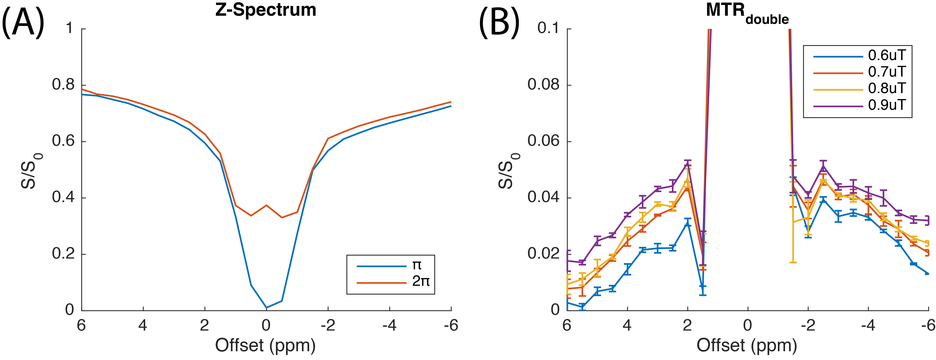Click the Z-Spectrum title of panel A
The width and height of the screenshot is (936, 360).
click(x=266, y=10)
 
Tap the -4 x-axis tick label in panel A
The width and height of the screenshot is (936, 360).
click(x=389, y=325)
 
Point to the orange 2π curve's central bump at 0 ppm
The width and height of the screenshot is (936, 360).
click(x=266, y=205)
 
